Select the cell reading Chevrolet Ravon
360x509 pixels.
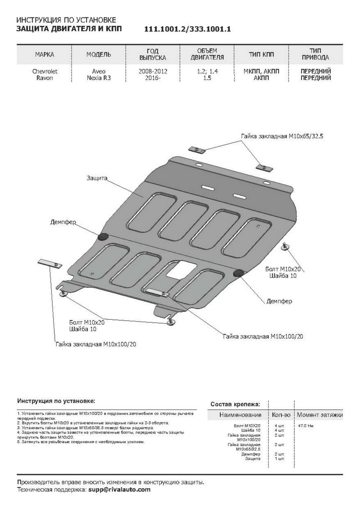(45, 75)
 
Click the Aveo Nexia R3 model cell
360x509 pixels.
(99, 75)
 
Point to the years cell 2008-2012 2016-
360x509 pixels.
(152, 75)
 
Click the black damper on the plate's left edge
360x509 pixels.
(103, 237)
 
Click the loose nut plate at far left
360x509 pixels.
(50, 263)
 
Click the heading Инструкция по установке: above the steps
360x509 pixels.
(56, 400)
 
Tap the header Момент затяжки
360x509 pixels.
(319, 414)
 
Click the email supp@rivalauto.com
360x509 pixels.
(119, 489)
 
